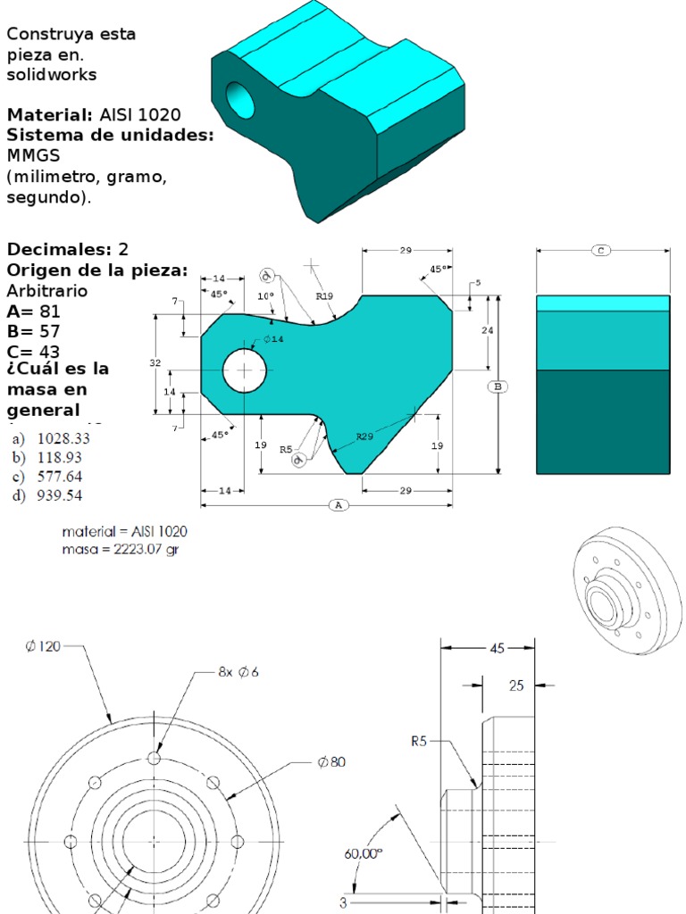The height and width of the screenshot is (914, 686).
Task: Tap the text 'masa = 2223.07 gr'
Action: click(120, 550)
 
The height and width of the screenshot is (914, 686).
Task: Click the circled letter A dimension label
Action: click(338, 505)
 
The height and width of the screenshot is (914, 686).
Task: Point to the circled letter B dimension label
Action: click(498, 386)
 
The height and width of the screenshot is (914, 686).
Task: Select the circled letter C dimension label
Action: click(602, 251)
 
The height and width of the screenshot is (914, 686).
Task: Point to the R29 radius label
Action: click(364, 436)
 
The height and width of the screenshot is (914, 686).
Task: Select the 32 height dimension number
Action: click(155, 364)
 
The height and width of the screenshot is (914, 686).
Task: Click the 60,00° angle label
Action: click(364, 852)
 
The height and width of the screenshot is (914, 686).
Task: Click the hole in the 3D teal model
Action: click(240, 101)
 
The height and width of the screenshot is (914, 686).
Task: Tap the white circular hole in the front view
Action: click(245, 370)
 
